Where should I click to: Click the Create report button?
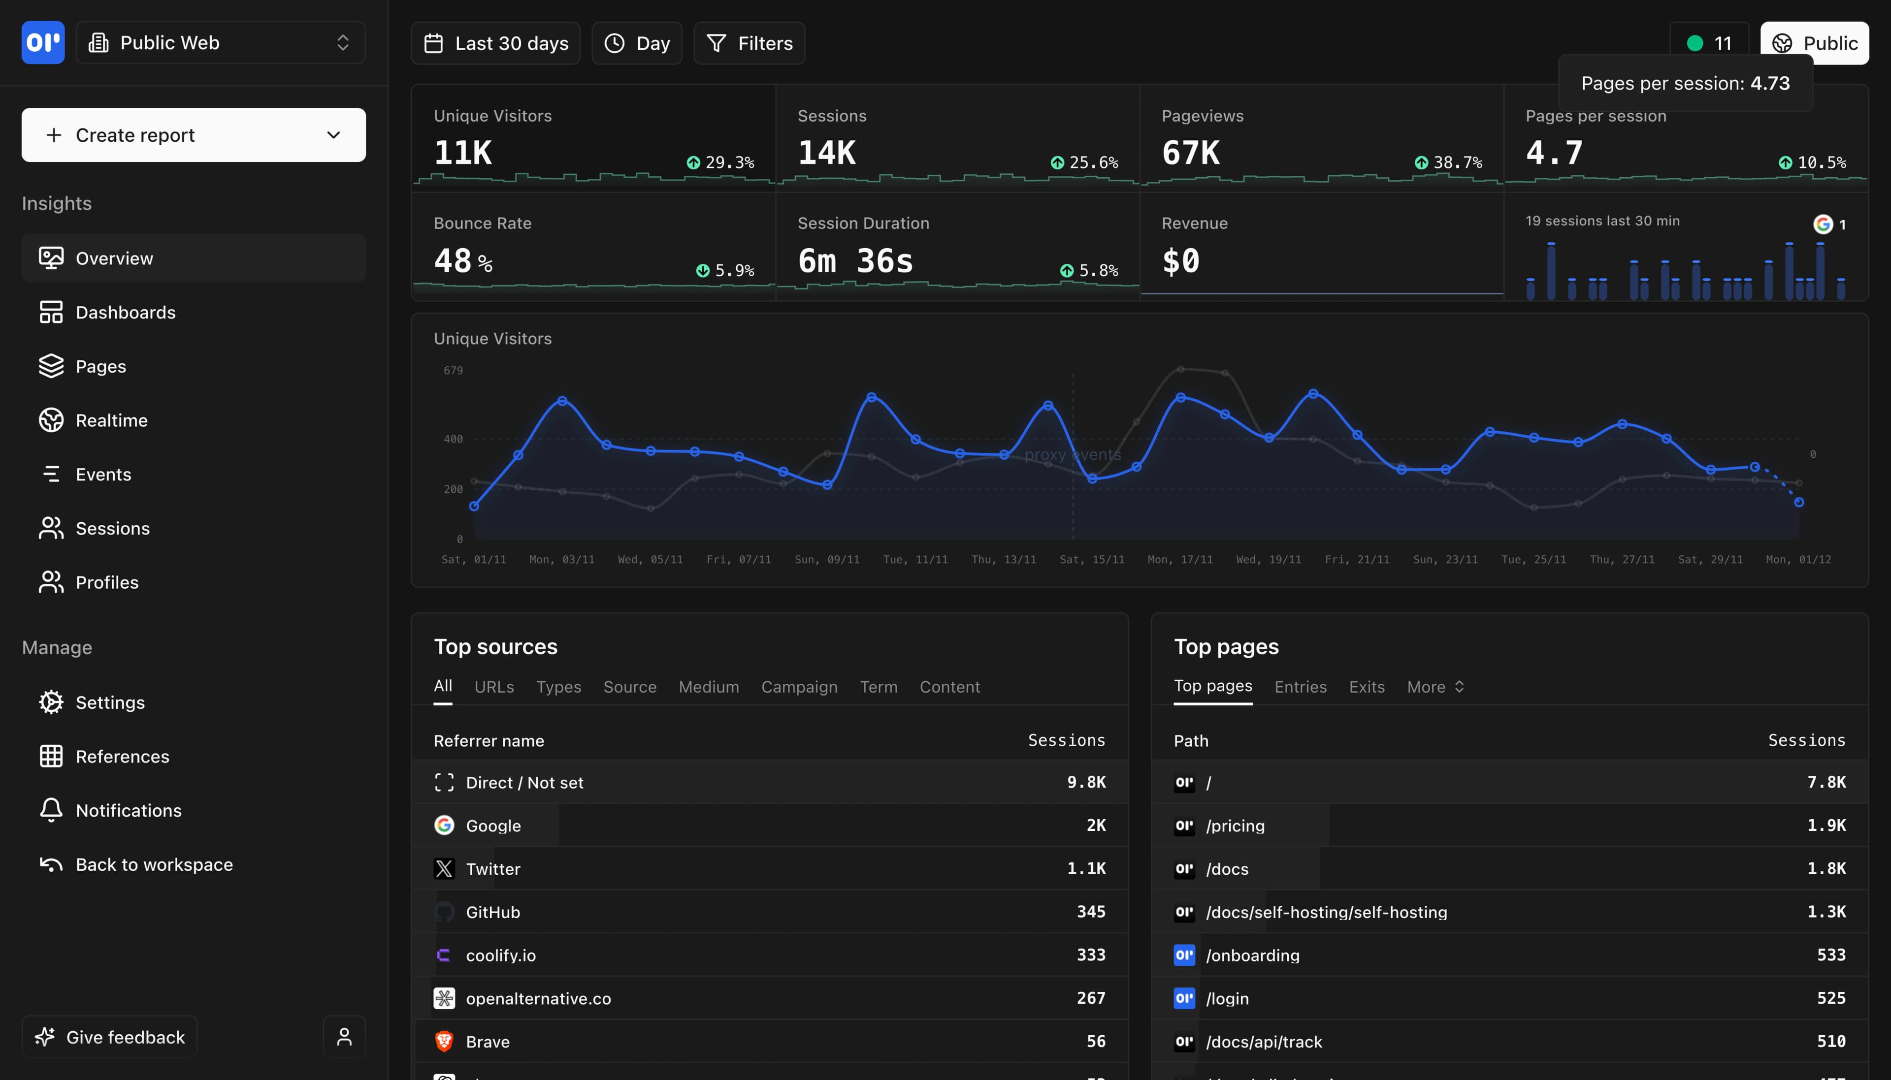point(193,135)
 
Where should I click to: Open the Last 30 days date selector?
point(495,43)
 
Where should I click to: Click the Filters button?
point(750,43)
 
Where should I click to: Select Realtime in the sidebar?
point(111,420)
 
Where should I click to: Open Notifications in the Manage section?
point(129,811)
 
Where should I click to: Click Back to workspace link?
point(154,865)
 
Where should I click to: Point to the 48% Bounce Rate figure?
point(462,261)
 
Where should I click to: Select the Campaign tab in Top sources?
point(799,687)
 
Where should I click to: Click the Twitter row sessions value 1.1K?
point(1086,869)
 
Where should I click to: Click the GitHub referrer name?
point(492,912)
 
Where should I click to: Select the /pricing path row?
point(1235,826)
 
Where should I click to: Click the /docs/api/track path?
point(1264,1042)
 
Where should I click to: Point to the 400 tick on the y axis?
point(453,439)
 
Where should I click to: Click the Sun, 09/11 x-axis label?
point(826,559)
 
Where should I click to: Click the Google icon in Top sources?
point(444,826)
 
